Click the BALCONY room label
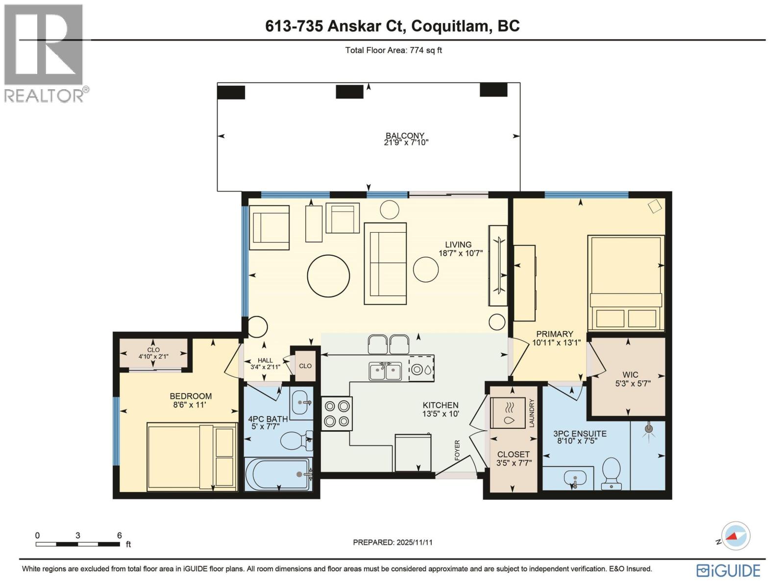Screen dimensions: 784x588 coord(405,136)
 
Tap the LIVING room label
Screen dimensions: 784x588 coord(458,245)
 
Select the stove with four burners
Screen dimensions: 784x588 coord(337,414)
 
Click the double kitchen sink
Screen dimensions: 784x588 coord(385,371)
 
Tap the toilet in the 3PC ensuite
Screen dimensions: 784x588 coord(611,473)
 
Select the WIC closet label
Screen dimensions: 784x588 coord(630,375)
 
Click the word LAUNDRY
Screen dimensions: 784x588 coord(532,413)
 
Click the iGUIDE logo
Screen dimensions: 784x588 coord(728,570)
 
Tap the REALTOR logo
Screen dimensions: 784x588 coord(46,53)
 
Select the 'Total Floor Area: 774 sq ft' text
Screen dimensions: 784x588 coord(393,50)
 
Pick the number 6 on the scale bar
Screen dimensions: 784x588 coord(119,535)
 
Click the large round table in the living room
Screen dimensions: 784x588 coord(328,275)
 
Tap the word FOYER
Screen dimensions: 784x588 coord(457,450)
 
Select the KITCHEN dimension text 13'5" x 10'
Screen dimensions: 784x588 coord(441,414)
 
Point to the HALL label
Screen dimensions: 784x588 coord(265,360)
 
